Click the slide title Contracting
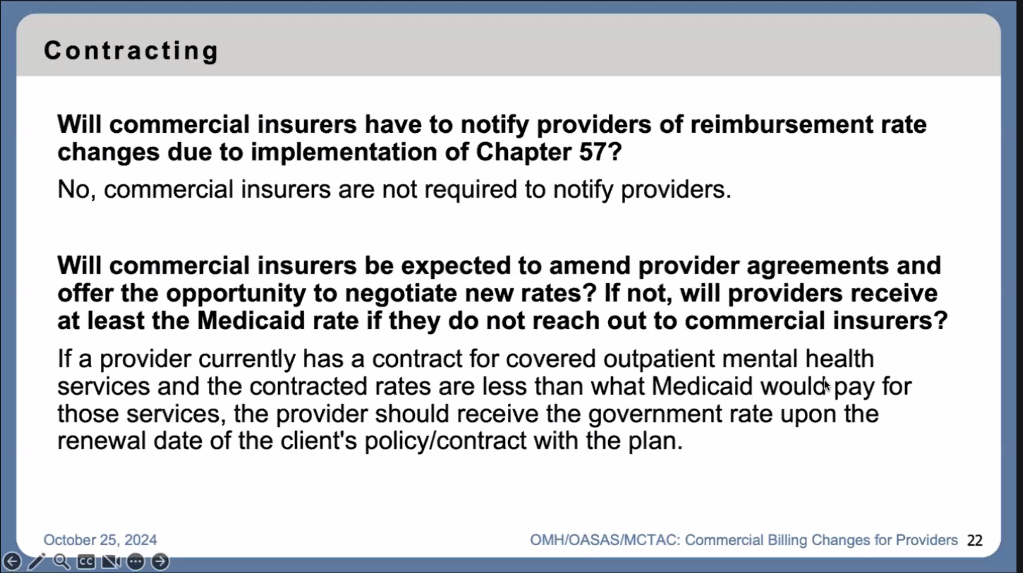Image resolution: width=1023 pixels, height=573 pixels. point(131,51)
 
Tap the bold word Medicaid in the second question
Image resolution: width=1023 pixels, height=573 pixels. point(251,321)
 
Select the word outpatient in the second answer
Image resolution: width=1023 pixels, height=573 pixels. point(659,359)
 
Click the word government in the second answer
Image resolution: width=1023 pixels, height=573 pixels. point(655,414)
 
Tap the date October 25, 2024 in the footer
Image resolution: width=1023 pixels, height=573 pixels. point(100,540)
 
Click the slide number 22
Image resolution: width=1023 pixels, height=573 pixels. point(974,540)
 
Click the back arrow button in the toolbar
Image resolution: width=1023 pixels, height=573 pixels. point(12,561)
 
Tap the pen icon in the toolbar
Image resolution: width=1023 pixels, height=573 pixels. point(37,561)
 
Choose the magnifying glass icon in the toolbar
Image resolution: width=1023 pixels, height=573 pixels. point(61,561)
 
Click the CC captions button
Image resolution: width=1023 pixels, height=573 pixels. point(86,561)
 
